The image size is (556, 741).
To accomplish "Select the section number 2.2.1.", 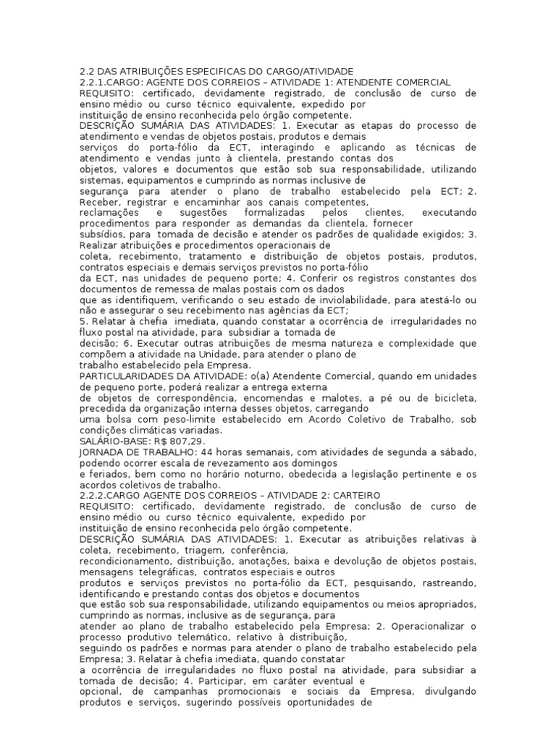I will [92, 82].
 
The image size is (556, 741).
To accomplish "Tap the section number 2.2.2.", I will [92, 495].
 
